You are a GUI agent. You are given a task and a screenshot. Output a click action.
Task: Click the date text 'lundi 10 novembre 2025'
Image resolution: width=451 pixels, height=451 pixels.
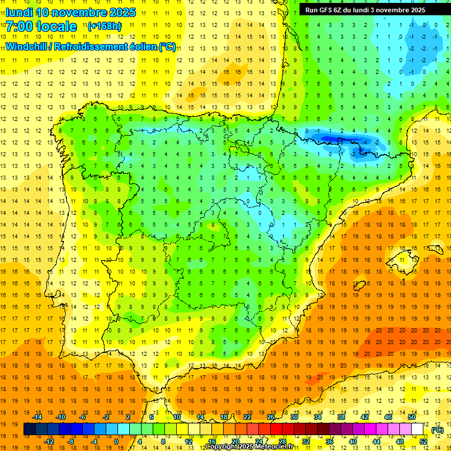70,12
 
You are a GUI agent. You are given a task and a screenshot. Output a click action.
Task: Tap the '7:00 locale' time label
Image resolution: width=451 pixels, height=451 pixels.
41,26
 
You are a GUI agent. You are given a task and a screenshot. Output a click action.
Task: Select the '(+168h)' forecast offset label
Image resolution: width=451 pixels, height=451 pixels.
105,26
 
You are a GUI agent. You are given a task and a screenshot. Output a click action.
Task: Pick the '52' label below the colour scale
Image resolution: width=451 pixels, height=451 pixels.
423,442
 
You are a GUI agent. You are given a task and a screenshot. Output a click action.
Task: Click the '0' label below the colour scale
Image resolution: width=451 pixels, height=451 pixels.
116,442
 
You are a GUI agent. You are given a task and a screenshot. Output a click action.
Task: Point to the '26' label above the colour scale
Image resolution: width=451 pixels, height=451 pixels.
271,417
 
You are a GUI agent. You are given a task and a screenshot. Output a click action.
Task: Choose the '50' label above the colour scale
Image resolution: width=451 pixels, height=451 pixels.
412,417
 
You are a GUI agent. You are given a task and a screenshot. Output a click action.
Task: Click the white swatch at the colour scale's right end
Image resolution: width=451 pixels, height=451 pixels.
418,429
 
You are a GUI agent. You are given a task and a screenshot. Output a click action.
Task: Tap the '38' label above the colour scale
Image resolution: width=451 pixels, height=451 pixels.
341,417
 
